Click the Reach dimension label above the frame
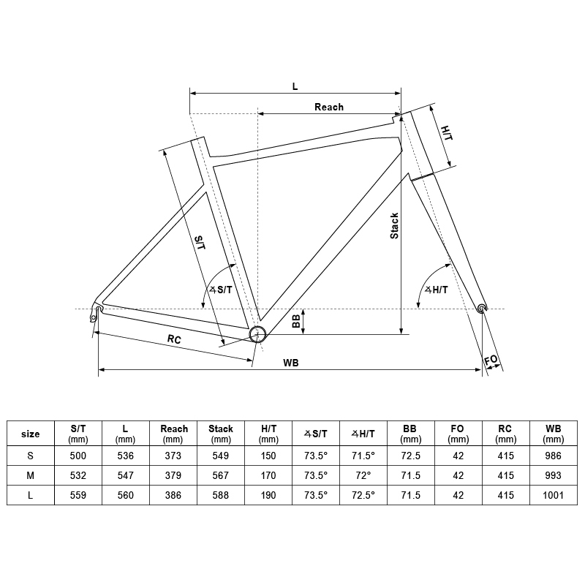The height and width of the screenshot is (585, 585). tap(329, 107)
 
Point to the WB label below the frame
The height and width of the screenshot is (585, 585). tap(291, 363)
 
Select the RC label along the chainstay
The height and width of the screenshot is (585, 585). tap(174, 339)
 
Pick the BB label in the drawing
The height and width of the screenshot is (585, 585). tap(296, 321)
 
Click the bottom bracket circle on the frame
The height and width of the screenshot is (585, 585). tap(257, 334)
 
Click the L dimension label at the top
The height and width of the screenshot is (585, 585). tap(295, 86)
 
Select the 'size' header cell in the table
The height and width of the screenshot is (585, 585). tap(31, 434)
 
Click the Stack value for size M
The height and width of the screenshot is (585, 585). tap(221, 475)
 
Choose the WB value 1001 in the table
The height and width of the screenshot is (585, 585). tap(554, 495)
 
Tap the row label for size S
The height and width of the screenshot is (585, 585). tap(31, 455)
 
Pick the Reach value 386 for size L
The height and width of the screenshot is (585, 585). tap(173, 495)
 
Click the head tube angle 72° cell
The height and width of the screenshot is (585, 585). tap(363, 475)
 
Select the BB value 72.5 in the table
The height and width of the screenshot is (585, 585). tap(411, 455)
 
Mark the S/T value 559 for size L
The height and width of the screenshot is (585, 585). tap(78, 495)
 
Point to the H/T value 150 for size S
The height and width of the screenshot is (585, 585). tap(268, 455)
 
